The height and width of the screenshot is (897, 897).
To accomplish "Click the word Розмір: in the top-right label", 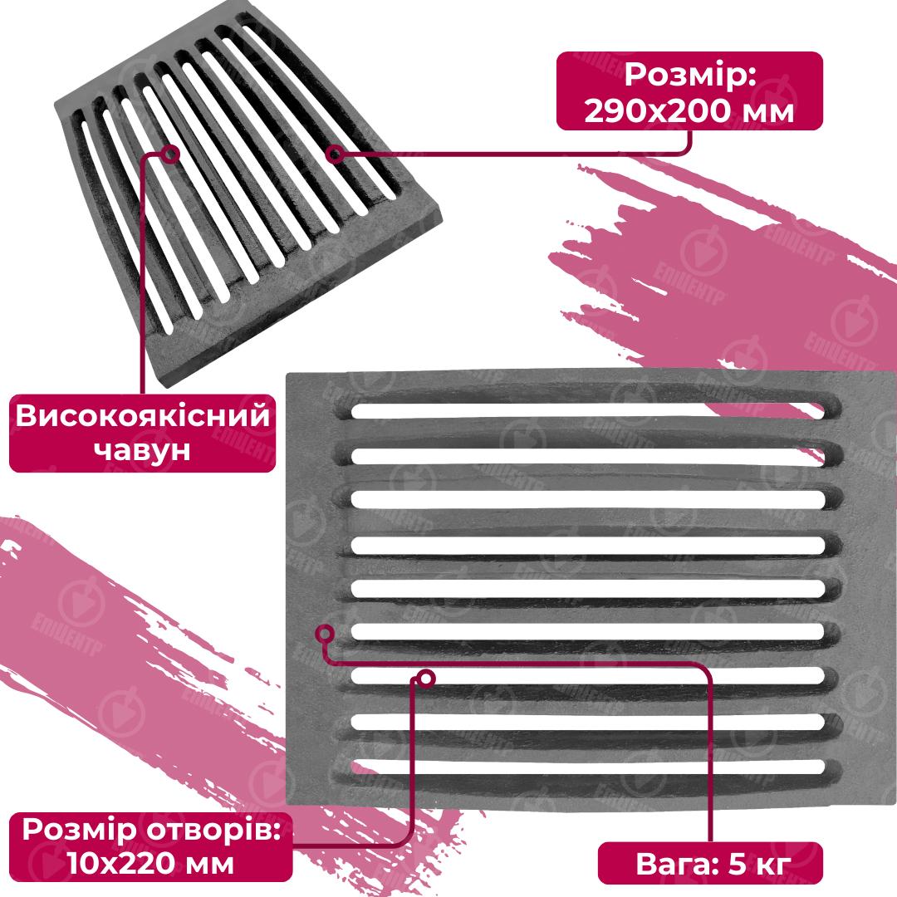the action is [x=690, y=75].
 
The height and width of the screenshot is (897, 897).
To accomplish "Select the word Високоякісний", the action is [x=143, y=415].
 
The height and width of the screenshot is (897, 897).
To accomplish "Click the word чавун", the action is [x=142, y=450].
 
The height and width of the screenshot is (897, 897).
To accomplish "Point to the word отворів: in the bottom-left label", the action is [x=213, y=830].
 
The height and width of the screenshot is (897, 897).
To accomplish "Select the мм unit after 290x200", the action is [x=767, y=113].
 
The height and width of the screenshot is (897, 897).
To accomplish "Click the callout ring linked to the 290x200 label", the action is [x=336, y=154].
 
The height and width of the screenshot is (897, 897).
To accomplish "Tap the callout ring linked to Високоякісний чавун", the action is [x=170, y=154].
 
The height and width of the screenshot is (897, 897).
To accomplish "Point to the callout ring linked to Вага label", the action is [x=325, y=633].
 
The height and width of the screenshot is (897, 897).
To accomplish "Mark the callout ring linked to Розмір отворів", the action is [x=426, y=679].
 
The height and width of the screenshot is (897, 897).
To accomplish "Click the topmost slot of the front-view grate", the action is [x=587, y=411].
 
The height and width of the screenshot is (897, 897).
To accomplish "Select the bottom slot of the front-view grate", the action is [x=587, y=767].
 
